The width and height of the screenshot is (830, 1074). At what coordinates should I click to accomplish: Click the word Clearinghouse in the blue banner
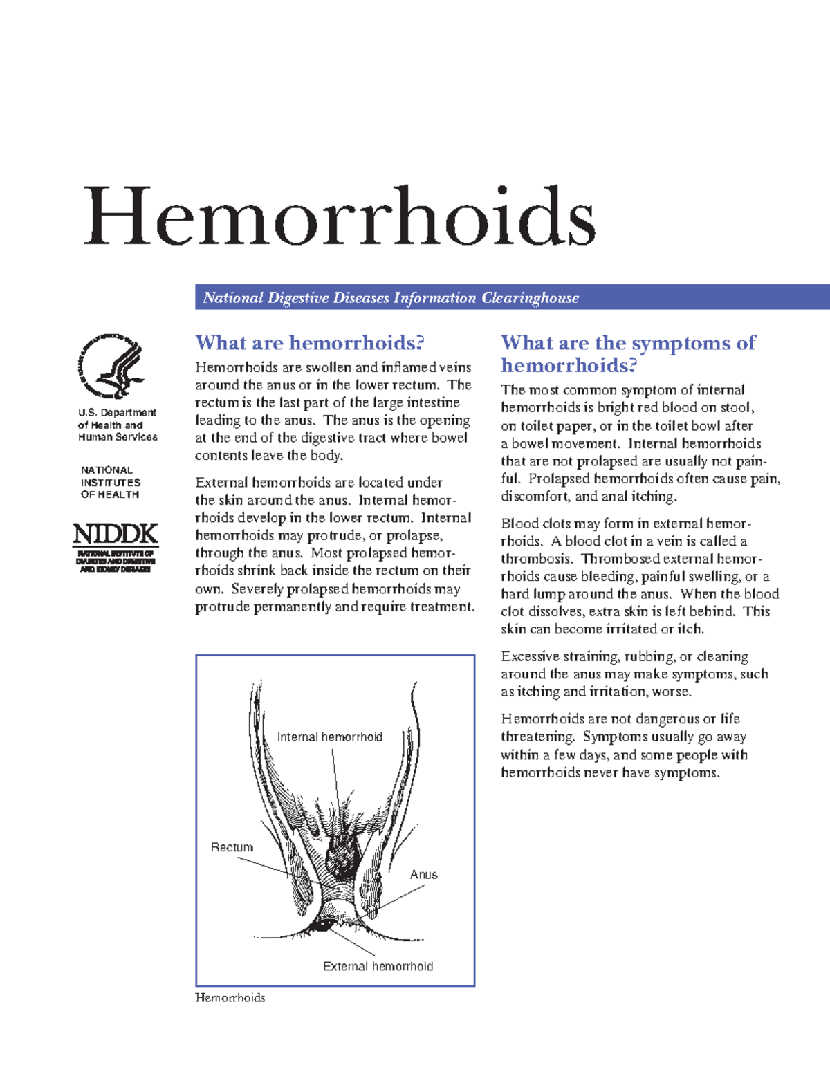coord(530,298)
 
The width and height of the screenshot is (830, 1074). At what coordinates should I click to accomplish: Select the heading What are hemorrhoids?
coord(309,343)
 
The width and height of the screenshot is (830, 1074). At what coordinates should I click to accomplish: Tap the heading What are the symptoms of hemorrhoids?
coord(627,353)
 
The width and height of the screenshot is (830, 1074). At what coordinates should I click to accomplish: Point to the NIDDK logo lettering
coord(116,534)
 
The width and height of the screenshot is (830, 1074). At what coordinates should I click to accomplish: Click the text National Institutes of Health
coord(110,482)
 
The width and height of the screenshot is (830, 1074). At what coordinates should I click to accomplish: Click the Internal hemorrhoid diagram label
coord(329,737)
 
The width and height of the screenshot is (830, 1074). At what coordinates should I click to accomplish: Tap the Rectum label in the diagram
coord(232,847)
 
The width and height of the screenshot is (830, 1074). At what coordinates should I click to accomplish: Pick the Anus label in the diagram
coord(423,875)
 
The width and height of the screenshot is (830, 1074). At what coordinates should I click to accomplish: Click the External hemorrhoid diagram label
coord(378,966)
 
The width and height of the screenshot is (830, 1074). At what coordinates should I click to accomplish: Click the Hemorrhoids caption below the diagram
coord(230,998)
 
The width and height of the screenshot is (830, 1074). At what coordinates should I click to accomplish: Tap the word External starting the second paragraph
coord(221,483)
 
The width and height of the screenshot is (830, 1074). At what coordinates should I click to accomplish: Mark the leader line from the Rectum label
coord(266,869)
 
